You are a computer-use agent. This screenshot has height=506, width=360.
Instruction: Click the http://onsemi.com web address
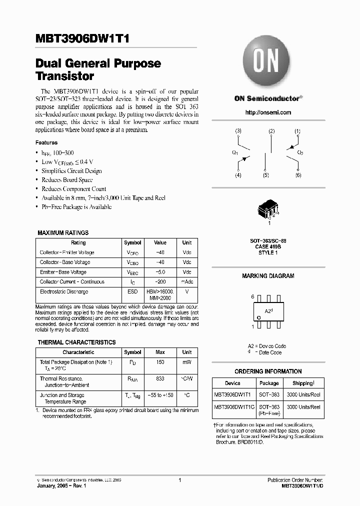[x=268, y=112]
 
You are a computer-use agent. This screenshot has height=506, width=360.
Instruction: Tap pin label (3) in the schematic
[x=238, y=131]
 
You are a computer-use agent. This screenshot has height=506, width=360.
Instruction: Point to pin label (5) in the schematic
[x=265, y=175]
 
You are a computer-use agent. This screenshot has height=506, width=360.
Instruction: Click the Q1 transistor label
[x=235, y=152]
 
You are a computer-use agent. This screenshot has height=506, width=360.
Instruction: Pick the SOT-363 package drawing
[x=267, y=211]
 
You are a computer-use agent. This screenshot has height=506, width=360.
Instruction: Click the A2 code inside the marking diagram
[x=267, y=310]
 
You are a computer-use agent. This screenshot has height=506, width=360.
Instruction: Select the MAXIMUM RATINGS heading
[x=63, y=233]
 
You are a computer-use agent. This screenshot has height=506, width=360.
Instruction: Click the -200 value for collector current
[x=160, y=282]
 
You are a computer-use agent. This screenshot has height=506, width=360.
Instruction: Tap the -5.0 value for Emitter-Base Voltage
[x=160, y=272]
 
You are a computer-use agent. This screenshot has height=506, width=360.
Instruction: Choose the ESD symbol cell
[x=132, y=291]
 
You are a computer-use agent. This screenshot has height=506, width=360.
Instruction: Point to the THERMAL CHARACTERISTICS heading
[x=76, y=342]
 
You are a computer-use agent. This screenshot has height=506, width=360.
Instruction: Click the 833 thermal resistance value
[x=160, y=379]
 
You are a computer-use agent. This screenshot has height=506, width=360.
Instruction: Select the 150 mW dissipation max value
[x=160, y=361]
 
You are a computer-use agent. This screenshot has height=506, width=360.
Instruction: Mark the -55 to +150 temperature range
[x=160, y=395]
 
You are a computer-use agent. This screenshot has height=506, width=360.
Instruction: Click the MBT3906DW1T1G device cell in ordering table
[x=234, y=407]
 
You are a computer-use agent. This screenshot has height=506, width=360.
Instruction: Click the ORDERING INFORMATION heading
[x=268, y=371]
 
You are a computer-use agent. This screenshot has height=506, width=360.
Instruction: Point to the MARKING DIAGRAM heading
[x=268, y=276]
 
